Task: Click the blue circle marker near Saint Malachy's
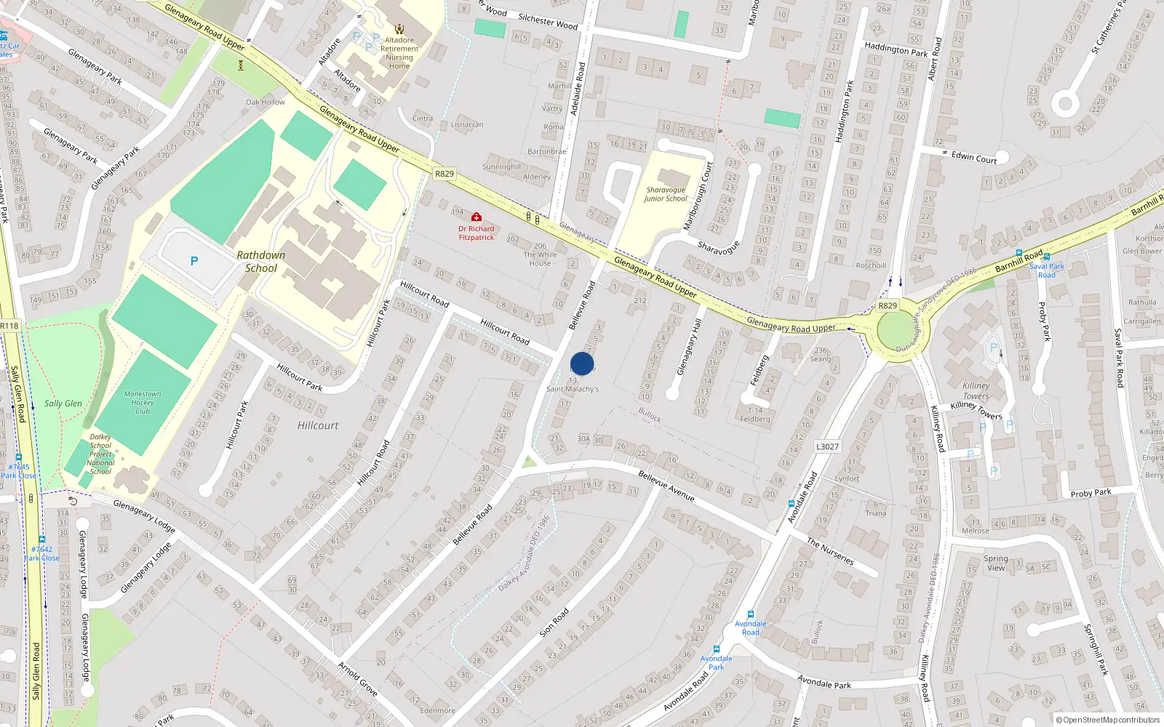point(582,363)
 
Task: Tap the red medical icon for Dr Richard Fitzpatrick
point(476,217)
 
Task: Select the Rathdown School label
point(260,262)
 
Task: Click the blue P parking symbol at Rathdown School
point(194,261)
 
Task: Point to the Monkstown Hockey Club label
point(143,402)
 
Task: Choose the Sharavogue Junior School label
point(665,194)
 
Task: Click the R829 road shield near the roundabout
point(888,305)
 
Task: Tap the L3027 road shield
point(827,446)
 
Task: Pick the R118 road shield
point(9,326)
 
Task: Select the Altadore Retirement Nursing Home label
point(399,53)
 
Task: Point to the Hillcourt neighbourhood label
point(318,425)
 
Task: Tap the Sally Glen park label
point(63,403)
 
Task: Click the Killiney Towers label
point(976,390)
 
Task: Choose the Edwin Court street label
point(974,158)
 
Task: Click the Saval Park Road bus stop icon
point(1019,253)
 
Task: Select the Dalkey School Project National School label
point(100,454)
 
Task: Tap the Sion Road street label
point(554,623)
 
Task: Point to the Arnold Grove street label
point(357,679)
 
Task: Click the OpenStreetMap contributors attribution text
point(1108,720)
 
